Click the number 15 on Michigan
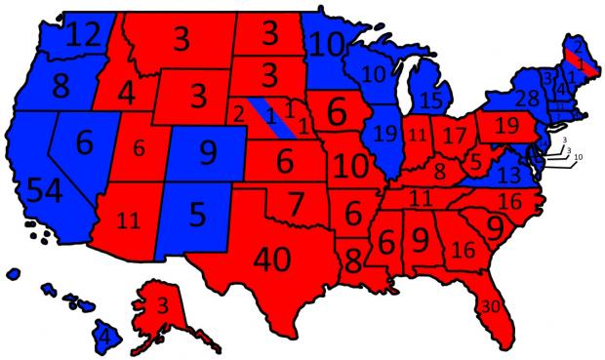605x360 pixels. pyautogui.click(x=430, y=99)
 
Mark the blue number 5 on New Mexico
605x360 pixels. pyautogui.click(x=199, y=213)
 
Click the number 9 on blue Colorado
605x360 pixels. pyautogui.click(x=207, y=153)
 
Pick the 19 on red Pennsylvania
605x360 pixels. pyautogui.click(x=505, y=126)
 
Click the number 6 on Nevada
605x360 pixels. pyautogui.click(x=84, y=143)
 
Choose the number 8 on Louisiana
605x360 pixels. pyautogui.click(x=352, y=260)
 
